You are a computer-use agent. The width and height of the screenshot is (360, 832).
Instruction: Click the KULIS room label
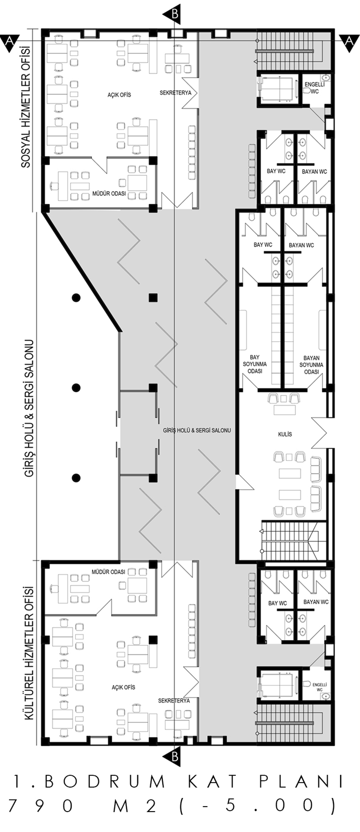point(285,434)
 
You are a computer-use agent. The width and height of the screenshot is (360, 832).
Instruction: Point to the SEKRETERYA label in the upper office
point(176,93)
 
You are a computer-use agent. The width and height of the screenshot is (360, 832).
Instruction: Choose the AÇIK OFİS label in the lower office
point(123,687)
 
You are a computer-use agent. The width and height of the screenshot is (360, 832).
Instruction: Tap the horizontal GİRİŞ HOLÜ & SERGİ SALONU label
point(197,431)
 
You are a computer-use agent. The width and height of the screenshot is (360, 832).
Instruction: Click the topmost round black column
point(76,297)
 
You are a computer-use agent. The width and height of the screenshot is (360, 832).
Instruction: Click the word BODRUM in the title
point(104,782)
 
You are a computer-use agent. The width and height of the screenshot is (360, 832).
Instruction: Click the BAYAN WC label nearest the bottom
point(316,602)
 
